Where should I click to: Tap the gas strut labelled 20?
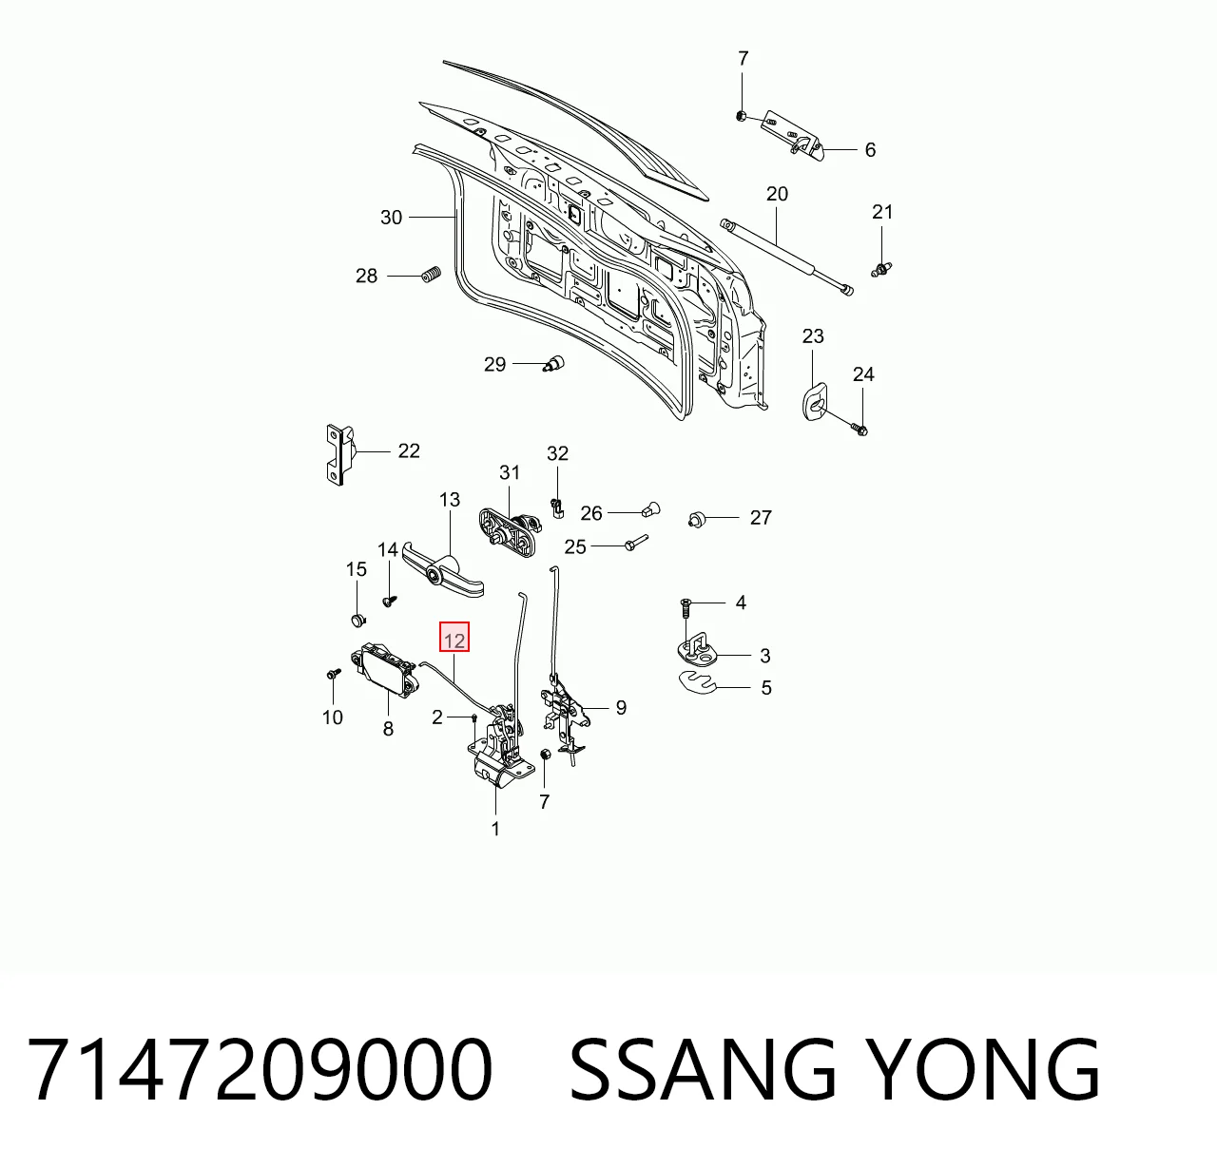[x=786, y=257]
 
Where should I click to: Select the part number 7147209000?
[x=259, y=1069]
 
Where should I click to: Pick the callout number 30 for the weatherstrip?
[x=391, y=218]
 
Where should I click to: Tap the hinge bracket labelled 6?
[x=792, y=139]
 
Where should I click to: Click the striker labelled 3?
[x=699, y=650]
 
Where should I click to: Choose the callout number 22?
[x=409, y=450]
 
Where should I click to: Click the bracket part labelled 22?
[x=340, y=455]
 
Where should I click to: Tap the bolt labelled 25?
[x=636, y=542]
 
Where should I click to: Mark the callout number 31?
[x=510, y=472]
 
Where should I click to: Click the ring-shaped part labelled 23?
[x=814, y=403]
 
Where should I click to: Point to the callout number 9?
[x=621, y=708]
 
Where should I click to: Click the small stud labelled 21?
[x=881, y=269]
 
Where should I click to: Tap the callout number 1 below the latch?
[x=495, y=830]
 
